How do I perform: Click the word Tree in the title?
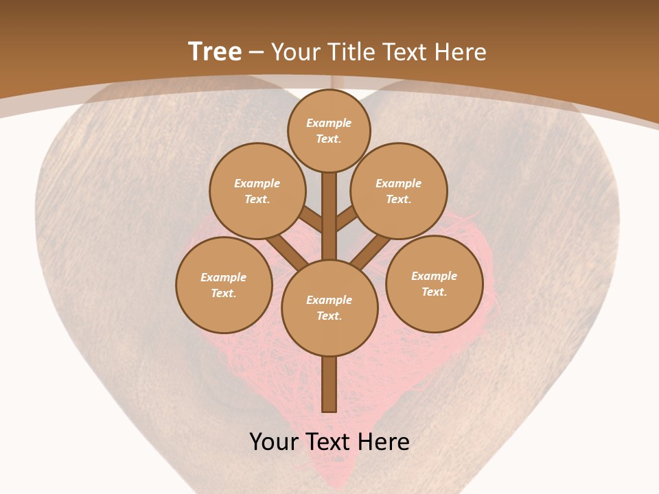(215, 51)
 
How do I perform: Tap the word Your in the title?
(295, 52)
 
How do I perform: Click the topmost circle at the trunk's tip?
(329, 130)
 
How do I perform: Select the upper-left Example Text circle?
(257, 191)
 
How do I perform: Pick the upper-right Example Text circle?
(399, 191)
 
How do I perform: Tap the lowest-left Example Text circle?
(224, 285)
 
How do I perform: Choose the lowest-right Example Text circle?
(435, 283)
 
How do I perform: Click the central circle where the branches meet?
(329, 307)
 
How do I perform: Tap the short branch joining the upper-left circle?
(311, 220)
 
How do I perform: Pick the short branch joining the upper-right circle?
(347, 219)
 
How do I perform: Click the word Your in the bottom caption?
(275, 442)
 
